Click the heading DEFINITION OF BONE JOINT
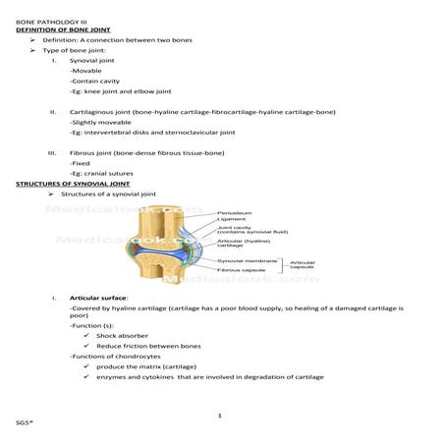pos(63,29)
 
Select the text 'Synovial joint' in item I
pos(92,61)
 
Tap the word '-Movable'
pos(84,72)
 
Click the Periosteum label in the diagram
pos(234,211)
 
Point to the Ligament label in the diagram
pos(231,219)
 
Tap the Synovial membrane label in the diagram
pos(245,259)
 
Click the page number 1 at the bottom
pos(221,417)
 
